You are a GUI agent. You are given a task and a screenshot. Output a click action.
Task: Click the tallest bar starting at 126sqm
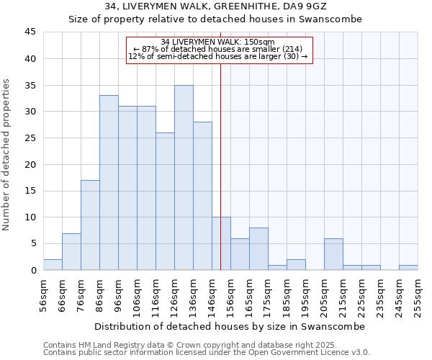click(184, 178)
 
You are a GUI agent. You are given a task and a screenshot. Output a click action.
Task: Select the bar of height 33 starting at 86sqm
click(109, 183)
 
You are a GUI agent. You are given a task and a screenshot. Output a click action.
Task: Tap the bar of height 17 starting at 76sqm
click(90, 225)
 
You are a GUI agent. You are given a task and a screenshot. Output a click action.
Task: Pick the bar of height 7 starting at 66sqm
click(71, 251)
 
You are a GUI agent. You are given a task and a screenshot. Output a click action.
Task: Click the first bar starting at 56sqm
click(53, 264)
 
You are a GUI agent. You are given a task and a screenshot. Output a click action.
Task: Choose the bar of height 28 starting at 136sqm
click(202, 196)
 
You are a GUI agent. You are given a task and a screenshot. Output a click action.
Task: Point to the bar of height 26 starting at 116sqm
click(165, 202)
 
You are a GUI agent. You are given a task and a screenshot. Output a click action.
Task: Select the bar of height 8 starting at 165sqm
click(258, 249)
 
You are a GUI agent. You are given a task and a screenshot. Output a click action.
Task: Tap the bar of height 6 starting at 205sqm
click(333, 254)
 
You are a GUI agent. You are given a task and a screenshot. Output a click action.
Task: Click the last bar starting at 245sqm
click(408, 267)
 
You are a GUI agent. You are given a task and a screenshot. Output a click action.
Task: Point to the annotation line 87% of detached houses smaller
click(220, 48)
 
